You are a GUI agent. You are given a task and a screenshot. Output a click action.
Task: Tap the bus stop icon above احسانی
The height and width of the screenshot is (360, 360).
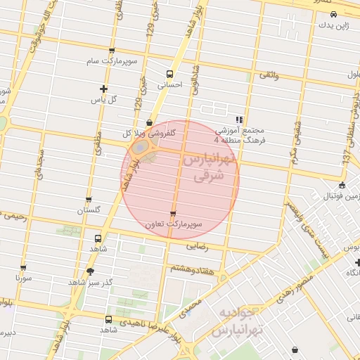[x=169, y=74]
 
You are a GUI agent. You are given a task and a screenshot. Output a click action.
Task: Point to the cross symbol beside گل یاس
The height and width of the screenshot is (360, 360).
[x=104, y=89]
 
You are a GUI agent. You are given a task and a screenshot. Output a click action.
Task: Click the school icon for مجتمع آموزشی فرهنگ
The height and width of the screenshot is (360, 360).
[x=240, y=120]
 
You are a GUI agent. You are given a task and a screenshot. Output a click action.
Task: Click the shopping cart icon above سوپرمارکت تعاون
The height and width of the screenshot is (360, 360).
[x=173, y=213]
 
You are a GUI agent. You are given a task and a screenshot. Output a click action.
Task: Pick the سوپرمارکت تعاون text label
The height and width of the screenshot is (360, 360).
[x=173, y=224]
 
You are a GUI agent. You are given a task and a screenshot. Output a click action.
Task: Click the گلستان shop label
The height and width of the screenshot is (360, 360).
[x=89, y=210]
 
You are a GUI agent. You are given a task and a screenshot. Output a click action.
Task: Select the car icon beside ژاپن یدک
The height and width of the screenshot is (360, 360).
[x=333, y=13]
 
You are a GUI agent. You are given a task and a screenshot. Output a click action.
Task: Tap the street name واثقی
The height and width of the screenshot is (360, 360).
[x=269, y=75]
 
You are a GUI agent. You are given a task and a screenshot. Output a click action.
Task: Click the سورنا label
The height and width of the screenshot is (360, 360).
[x=24, y=278]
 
